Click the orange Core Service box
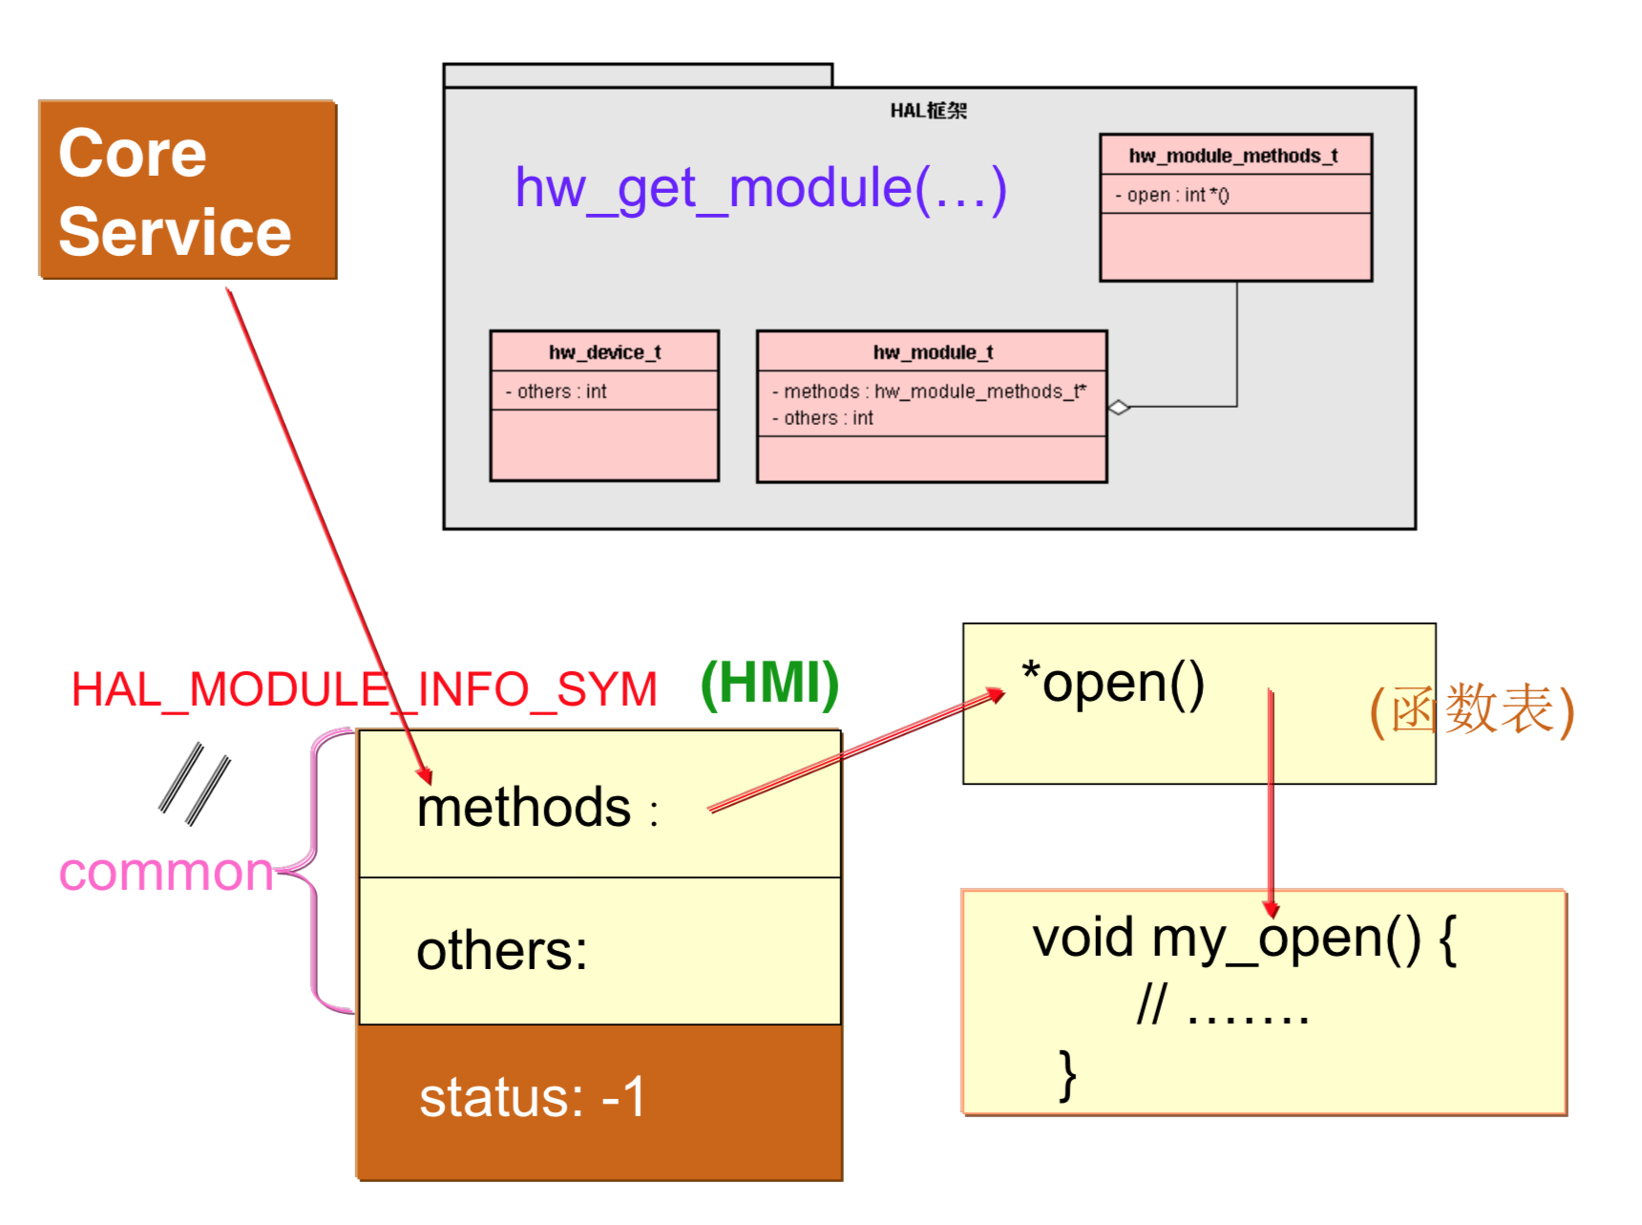pyautogui.click(x=188, y=189)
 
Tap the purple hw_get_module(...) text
pyautogui.click(x=761, y=188)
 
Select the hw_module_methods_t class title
pyautogui.click(x=1233, y=156)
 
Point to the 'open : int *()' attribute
pyautogui.click(x=1173, y=195)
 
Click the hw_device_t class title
pyautogui.click(x=604, y=352)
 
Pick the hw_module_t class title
pyautogui.click(x=933, y=352)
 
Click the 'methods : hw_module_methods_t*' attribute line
pyautogui.click(x=930, y=391)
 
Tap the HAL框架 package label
pyautogui.click(x=929, y=111)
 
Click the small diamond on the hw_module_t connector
pyautogui.click(x=1119, y=408)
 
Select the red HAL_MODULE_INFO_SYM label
pyautogui.click(x=365, y=689)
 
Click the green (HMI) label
pyautogui.click(x=769, y=684)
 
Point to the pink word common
pyautogui.click(x=166, y=872)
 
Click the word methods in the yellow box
pyautogui.click(x=524, y=808)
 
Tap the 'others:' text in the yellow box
pyautogui.click(x=502, y=951)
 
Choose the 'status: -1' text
pyautogui.click(x=533, y=1097)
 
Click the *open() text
pyautogui.click(x=1113, y=684)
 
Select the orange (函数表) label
pyautogui.click(x=1471, y=710)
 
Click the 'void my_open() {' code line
pyautogui.click(x=1245, y=939)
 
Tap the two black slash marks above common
pyautogui.click(x=195, y=784)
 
